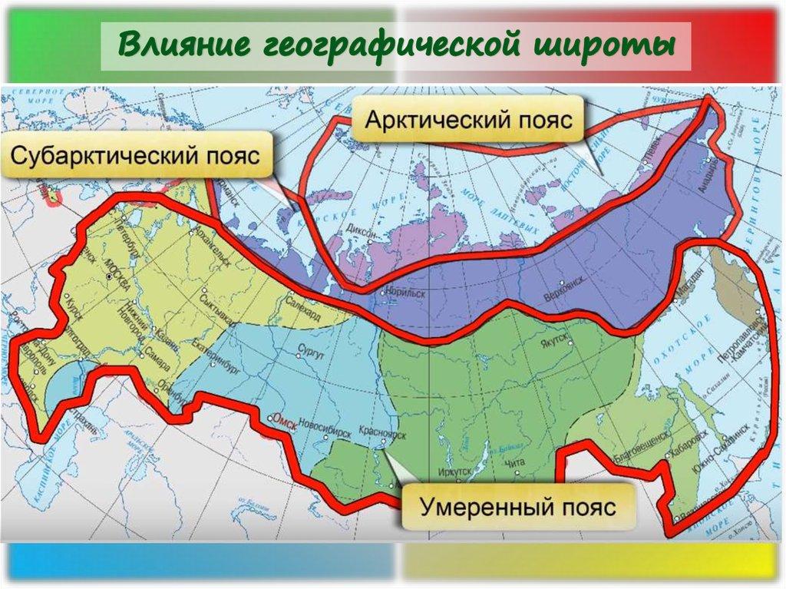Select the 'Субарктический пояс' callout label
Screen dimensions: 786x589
[135, 157]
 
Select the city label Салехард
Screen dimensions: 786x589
[305, 304]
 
